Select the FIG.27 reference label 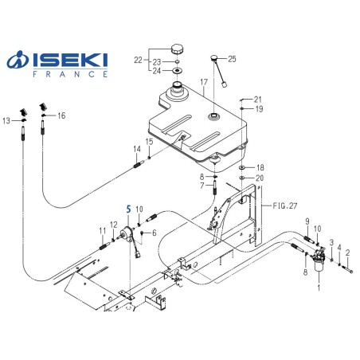[x=282, y=204]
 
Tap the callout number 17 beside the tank [x=204, y=81]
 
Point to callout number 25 [x=232, y=59]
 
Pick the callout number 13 [x=7, y=121]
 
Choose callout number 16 [x=61, y=115]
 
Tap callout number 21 [x=257, y=99]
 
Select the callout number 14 [x=136, y=150]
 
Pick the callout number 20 [x=259, y=178]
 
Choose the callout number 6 [x=154, y=233]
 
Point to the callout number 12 [x=113, y=225]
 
